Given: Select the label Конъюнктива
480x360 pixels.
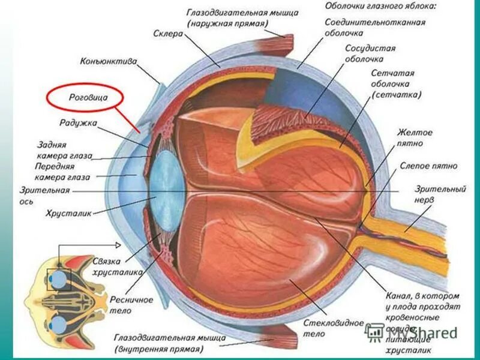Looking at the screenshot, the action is tap(109, 61).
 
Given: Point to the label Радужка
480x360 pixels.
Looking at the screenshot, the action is tap(78, 123).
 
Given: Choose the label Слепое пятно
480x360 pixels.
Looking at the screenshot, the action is tap(428, 166).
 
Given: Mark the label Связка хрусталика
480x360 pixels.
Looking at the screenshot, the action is tap(117, 266).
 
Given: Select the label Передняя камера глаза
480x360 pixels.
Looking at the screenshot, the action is tap(62, 172).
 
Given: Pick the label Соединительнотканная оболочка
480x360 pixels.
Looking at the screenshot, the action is tap(375, 28).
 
